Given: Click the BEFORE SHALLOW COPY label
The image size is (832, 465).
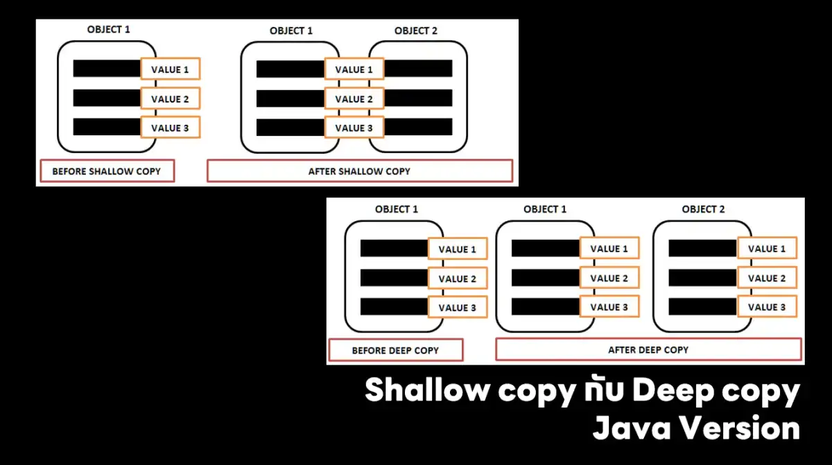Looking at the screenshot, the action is pyautogui.click(x=107, y=171).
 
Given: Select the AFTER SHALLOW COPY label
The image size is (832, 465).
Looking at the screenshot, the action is pyautogui.click(x=360, y=171).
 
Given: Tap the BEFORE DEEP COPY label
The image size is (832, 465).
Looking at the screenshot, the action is pyautogui.click(x=396, y=350).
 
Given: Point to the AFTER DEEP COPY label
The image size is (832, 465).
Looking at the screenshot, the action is pyautogui.click(x=648, y=349).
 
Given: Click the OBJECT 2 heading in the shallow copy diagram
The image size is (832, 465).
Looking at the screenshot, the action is pyautogui.click(x=416, y=30).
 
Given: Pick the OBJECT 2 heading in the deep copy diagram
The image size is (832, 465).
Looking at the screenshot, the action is pyautogui.click(x=703, y=209).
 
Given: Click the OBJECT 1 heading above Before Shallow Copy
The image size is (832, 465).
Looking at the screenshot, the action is pyautogui.click(x=108, y=29).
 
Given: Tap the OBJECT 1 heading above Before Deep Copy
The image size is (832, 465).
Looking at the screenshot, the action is pyautogui.click(x=397, y=209).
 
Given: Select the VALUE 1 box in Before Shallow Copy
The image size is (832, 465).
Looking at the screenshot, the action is pyautogui.click(x=171, y=69).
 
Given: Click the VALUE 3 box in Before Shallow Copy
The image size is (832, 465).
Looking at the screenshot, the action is pyautogui.click(x=171, y=128).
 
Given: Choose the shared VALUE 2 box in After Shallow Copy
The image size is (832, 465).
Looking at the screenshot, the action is pyautogui.click(x=354, y=98).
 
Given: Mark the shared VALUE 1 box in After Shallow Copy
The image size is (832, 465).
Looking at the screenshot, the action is pyautogui.click(x=354, y=69).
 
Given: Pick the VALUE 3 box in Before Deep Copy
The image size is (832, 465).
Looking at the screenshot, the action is pyautogui.click(x=458, y=307).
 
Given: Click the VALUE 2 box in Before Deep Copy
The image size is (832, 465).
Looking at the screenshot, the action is pyautogui.click(x=458, y=279).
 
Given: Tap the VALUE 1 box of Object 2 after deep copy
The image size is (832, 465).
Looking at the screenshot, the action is pyautogui.click(x=767, y=248).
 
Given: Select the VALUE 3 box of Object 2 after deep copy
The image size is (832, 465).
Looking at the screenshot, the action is pyautogui.click(x=767, y=306).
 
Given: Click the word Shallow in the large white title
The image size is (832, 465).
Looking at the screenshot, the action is pyautogui.click(x=428, y=389).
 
